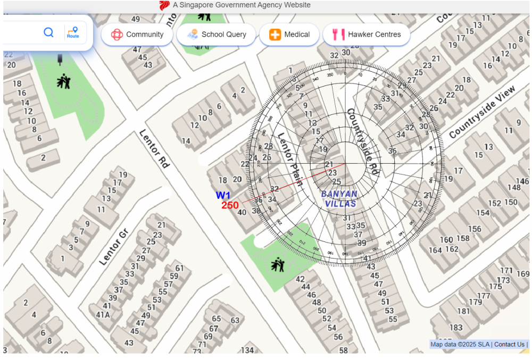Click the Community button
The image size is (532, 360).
pyautogui.click(x=137, y=35)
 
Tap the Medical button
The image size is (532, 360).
pyautogui.click(x=289, y=35)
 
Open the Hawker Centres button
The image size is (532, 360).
pyautogui.click(x=367, y=35)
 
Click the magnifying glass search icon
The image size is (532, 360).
pyautogui.click(x=48, y=32)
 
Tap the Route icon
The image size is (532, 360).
pyautogui.click(x=73, y=32)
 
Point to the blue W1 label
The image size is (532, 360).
pyautogui.click(x=223, y=196)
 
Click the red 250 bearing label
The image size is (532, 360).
pyautogui.click(x=230, y=205)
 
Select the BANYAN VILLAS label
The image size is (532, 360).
pyautogui.click(x=339, y=199)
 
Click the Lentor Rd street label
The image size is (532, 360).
pyautogui.click(x=154, y=149)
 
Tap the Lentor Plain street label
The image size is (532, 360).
pyautogui.click(x=289, y=159)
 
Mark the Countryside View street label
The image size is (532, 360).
pyautogui.click(x=481, y=112)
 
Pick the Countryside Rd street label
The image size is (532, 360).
pyautogui.click(x=363, y=141)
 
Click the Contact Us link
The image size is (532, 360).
pyautogui.click(x=509, y=345)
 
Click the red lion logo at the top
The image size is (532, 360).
pyautogui.click(x=164, y=5)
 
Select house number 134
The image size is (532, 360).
pyautogui.click(x=247, y=350)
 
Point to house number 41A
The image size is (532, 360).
pyautogui.click(x=103, y=314)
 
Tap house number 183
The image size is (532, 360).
pyautogui.click(x=456, y=328)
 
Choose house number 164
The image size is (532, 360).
pyautogui.click(x=435, y=250)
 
